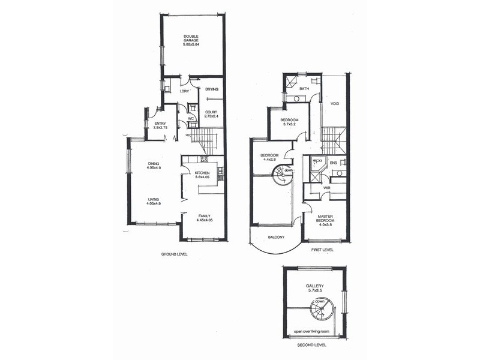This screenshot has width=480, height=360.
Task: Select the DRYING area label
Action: point(211,89)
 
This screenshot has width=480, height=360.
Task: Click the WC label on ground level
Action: point(190,118)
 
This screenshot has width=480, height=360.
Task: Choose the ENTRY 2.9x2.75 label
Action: point(160,125)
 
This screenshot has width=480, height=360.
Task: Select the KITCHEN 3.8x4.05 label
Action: point(202,175)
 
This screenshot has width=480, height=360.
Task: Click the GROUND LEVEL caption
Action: point(175,254)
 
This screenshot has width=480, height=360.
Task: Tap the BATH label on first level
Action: point(304,89)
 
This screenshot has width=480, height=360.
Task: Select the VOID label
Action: point(335,103)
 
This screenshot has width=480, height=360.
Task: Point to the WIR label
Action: point(328,188)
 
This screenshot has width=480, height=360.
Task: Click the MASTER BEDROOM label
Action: point(325,220)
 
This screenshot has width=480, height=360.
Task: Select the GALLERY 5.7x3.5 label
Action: point(314,288)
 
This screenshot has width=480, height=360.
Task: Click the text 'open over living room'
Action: point(314,331)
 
